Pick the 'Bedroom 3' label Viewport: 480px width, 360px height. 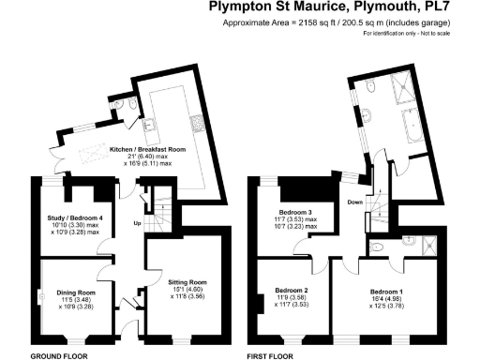coord(297,213)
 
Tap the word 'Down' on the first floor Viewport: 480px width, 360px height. coord(355,202)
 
